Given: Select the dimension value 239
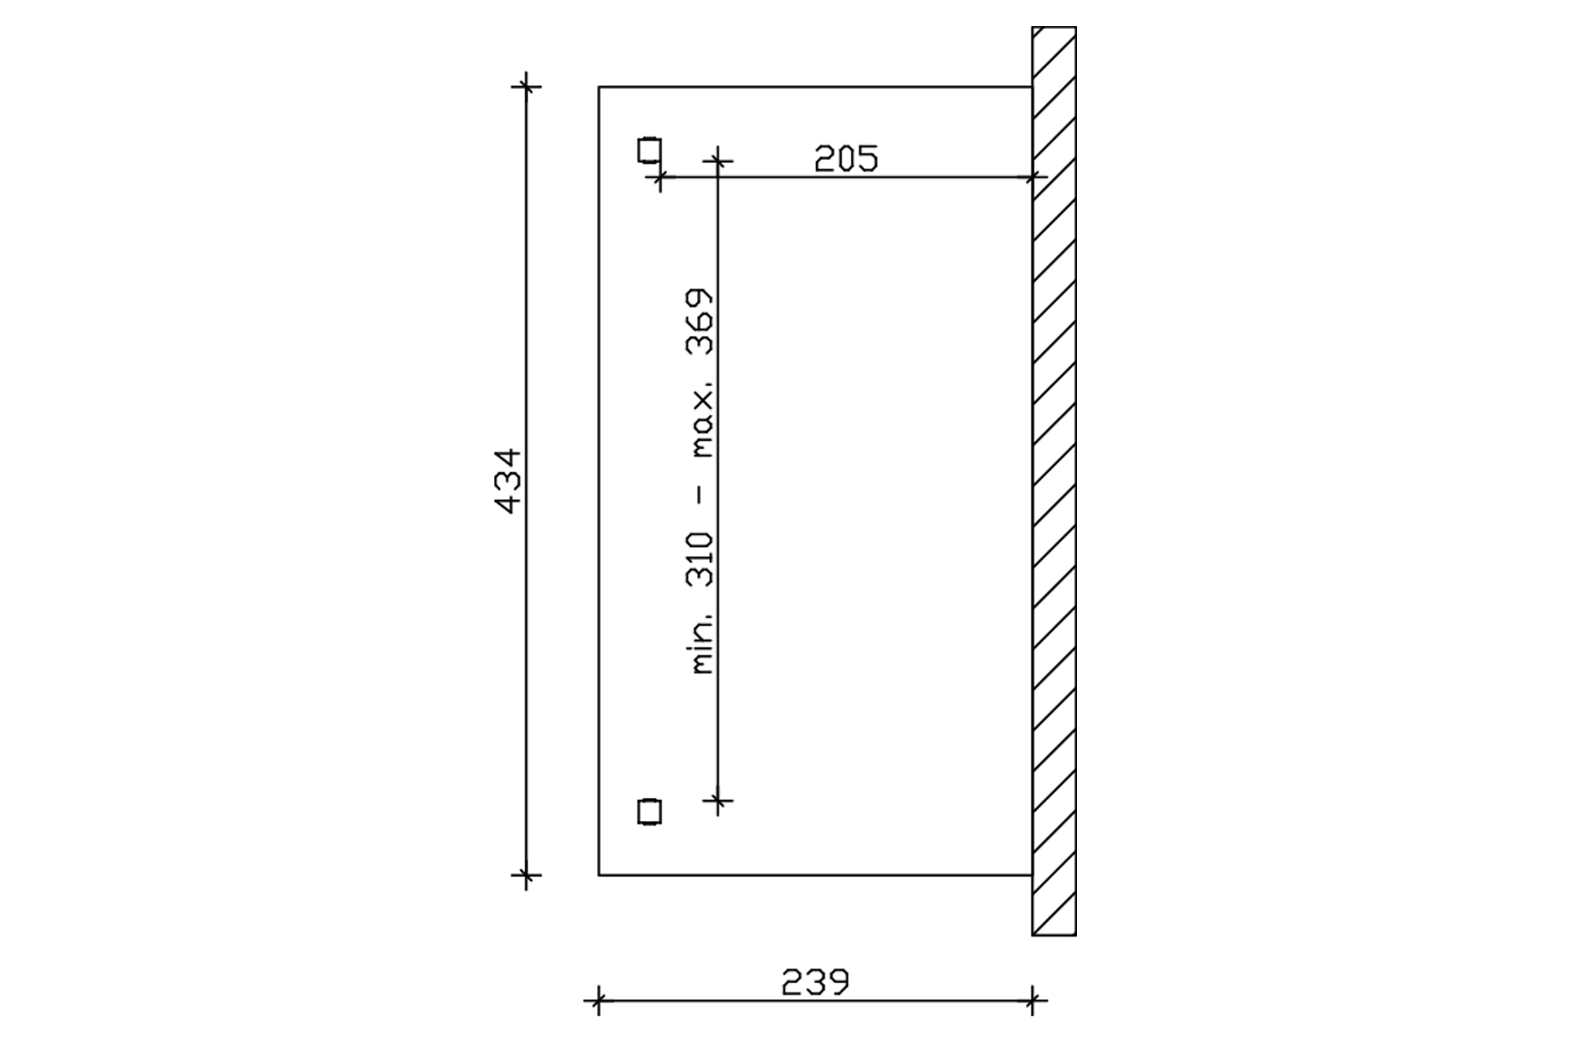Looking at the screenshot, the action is [815, 982].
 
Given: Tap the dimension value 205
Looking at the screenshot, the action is [846, 158].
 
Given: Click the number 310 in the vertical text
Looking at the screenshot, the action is [701, 560].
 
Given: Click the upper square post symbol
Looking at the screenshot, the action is [649, 150].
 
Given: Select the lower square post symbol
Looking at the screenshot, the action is [649, 811].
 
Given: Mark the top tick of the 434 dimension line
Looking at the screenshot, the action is [526, 86].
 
